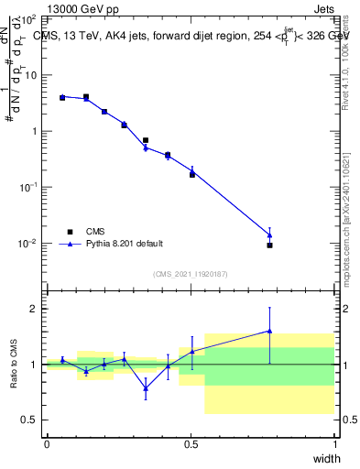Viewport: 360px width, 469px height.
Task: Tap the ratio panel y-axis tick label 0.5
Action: (32, 420)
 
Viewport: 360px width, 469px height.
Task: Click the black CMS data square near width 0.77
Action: (269, 245)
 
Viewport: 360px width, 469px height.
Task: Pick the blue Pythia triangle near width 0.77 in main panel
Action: (269, 234)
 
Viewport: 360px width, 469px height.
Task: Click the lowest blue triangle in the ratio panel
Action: (146, 387)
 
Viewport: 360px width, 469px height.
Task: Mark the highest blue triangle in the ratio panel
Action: (269, 331)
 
